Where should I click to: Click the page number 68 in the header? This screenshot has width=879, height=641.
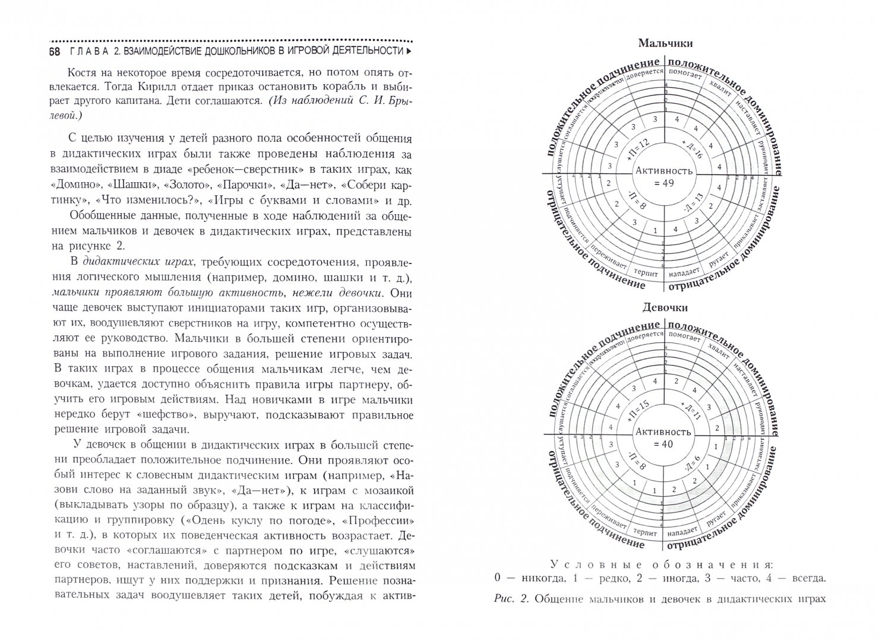tap(54, 52)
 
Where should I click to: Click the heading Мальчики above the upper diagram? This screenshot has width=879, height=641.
tap(664, 43)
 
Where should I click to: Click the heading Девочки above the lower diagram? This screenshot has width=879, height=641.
tap(664, 307)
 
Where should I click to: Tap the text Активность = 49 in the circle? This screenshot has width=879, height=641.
tap(664, 177)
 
